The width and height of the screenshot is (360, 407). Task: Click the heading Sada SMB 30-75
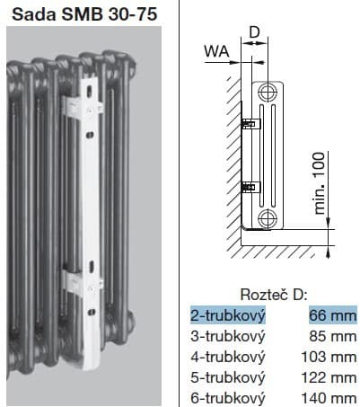[x=84, y=13]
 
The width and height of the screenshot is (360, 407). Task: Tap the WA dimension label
[x=217, y=51]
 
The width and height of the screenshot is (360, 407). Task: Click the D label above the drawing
[x=254, y=32]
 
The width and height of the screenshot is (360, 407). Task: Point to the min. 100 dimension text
[x=320, y=183]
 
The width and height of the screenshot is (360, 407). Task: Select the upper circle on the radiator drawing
[x=267, y=92]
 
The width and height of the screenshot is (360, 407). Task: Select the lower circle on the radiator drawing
[x=267, y=218]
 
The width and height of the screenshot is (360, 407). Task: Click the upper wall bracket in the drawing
[x=251, y=123]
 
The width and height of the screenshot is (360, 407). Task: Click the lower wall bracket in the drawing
[x=251, y=187]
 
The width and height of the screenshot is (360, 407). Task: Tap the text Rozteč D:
[x=274, y=295]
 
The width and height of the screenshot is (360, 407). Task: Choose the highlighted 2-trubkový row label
[x=228, y=315]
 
